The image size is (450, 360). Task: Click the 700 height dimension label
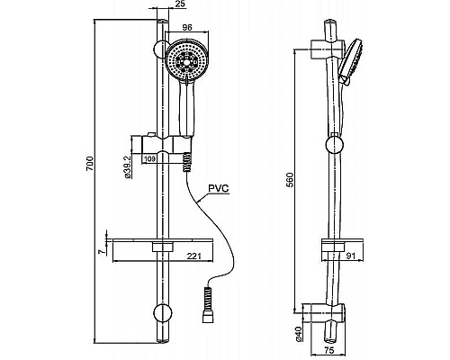90,164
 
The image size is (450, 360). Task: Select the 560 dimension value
290,180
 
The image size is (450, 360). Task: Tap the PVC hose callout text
219,188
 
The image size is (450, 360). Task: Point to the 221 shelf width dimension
193,256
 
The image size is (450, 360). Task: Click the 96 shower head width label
187,28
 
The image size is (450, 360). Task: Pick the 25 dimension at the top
181,4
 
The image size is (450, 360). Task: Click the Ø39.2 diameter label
128,167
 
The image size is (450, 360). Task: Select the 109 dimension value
148,158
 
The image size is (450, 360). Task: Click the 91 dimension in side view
350,256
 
